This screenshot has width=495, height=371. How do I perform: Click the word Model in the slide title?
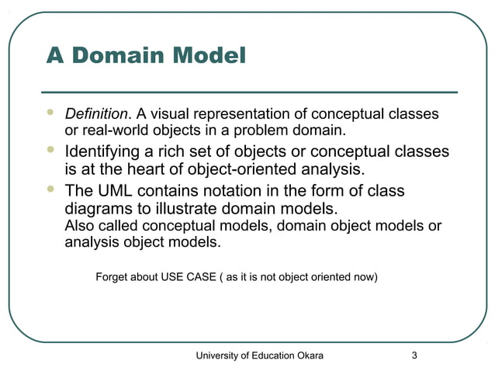pos(207,56)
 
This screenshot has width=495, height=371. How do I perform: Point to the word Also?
pos(78,226)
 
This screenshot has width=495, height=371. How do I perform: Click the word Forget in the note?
pos(112,276)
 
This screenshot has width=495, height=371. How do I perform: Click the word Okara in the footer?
pos(308,355)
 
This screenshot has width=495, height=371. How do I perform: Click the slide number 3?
pos(414,355)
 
